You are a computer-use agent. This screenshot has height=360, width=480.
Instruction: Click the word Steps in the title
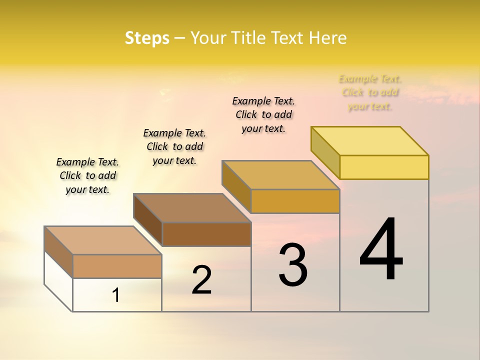coord(147,38)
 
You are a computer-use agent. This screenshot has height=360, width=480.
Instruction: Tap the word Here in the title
coord(328,38)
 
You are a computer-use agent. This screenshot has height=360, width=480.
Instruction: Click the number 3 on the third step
coord(293,265)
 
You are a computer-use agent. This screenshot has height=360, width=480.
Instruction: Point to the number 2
coord(202,280)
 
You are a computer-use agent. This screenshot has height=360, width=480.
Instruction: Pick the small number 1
coord(116,295)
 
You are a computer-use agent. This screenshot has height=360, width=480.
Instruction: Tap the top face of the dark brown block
coord(192,208)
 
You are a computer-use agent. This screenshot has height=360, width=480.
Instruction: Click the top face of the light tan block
coord(103,240)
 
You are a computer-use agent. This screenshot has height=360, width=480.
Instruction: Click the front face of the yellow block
coord(384,167)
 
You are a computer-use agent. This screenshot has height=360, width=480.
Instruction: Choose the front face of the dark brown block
coord(206,234)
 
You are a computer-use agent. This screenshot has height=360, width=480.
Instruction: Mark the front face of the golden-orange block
coord(295,201)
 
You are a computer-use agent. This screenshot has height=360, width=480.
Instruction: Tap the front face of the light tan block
coord(117,266)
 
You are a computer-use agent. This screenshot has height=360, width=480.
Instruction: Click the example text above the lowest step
coord(87,175)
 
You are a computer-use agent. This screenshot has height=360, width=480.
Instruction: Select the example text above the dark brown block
coord(174,146)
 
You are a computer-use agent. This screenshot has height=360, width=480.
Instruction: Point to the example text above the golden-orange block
coord(263,114)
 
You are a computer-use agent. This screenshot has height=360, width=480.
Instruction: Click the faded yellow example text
coord(370,92)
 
